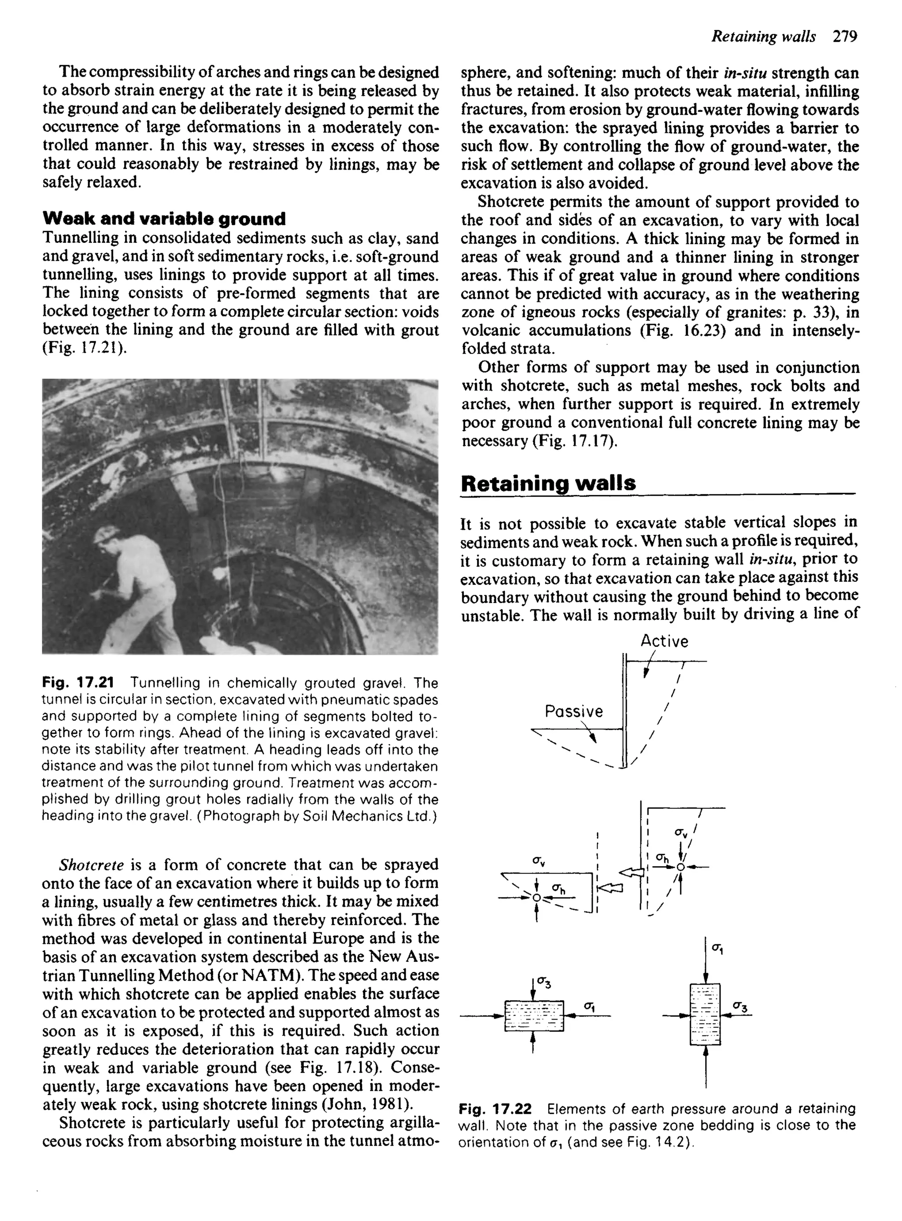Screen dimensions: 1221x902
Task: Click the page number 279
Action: (845, 37)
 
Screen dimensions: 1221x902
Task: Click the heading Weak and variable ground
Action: (164, 219)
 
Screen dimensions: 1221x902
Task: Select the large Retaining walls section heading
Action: (548, 484)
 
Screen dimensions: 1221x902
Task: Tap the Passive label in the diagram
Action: (574, 711)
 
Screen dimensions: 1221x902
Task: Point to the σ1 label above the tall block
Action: (717, 950)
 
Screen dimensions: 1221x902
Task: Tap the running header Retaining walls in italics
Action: (764, 37)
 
